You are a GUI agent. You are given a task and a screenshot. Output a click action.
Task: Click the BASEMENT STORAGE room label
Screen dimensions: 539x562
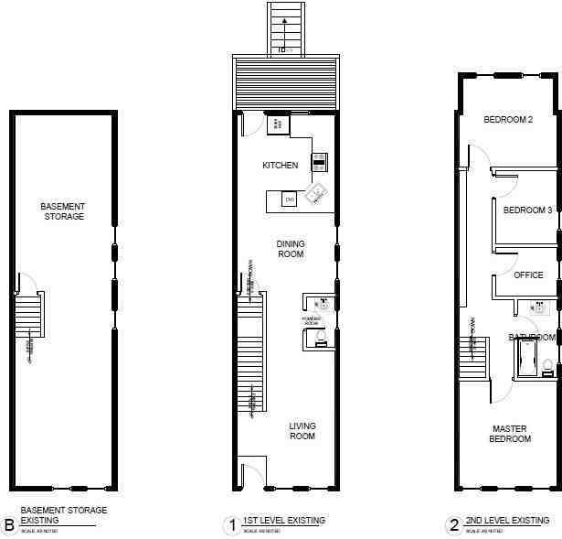tap(62, 211)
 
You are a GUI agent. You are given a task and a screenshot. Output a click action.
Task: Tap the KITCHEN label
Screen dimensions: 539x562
tap(280, 166)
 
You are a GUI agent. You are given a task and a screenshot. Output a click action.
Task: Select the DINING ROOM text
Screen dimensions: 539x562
tap(291, 249)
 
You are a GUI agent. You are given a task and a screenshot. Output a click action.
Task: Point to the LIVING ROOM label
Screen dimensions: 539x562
tap(302, 431)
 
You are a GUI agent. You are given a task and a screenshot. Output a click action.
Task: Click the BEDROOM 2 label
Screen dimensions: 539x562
tap(508, 119)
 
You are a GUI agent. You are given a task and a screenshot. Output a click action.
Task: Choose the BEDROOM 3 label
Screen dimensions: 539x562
tap(527, 210)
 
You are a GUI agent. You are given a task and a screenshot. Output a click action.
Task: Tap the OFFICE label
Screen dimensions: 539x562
tap(528, 275)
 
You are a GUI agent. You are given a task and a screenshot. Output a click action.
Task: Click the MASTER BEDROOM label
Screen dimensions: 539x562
tap(511, 434)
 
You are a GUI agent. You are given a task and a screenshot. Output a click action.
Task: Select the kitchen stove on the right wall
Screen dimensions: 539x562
tap(319, 162)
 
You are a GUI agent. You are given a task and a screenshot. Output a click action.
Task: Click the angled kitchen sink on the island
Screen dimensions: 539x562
tap(316, 193)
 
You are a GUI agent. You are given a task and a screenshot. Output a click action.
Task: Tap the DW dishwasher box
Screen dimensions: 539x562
tap(290, 199)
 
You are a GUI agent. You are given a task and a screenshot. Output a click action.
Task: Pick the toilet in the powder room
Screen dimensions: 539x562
tap(320, 339)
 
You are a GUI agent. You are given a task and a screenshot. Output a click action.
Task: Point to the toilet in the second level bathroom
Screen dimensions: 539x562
tap(547, 367)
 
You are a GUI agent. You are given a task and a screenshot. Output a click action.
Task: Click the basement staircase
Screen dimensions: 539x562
tap(30, 317)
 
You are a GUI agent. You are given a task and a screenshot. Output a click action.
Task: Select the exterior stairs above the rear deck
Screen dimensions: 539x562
tap(286, 27)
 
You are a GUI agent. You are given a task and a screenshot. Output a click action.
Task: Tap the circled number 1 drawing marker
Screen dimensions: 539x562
tap(232, 525)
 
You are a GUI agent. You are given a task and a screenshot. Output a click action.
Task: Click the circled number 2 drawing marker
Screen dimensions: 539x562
tap(453, 525)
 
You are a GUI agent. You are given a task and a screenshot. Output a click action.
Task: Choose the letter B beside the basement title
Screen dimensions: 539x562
tap(8, 525)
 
